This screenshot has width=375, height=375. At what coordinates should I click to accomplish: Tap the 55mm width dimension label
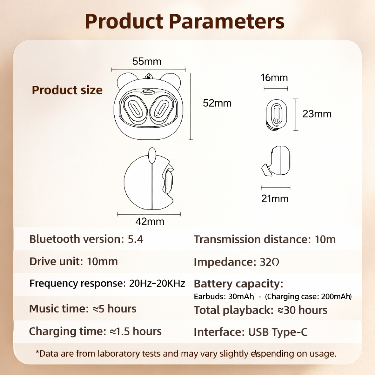(146, 61)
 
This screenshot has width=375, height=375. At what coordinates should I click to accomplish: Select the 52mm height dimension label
(217, 103)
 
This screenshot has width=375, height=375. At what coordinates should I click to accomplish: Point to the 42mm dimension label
(150, 221)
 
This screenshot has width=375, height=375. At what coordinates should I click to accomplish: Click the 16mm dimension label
(274, 78)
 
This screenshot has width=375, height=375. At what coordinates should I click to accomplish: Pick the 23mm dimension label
(317, 114)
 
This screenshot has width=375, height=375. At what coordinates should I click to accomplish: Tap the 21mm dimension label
(275, 199)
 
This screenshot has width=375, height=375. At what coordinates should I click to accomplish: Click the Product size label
(67, 90)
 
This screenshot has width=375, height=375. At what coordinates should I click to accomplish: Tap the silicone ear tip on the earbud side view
(266, 170)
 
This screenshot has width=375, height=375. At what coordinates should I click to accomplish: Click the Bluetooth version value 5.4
(135, 239)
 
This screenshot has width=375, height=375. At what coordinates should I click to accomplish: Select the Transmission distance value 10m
(325, 240)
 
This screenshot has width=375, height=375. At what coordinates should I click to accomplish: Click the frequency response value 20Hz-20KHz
(157, 283)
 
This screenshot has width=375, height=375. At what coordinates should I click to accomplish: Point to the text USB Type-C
(278, 332)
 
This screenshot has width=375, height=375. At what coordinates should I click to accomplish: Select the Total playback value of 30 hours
(305, 310)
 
